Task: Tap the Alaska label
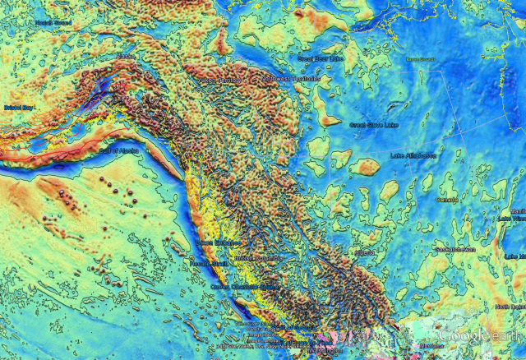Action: pos(126,57)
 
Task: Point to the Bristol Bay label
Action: pos(17,108)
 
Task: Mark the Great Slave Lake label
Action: pos(374,125)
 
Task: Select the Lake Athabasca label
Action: pos(413,155)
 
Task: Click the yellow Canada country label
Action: pos(449,199)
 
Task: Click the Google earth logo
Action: pos(479,334)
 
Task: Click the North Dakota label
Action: pos(510,306)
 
